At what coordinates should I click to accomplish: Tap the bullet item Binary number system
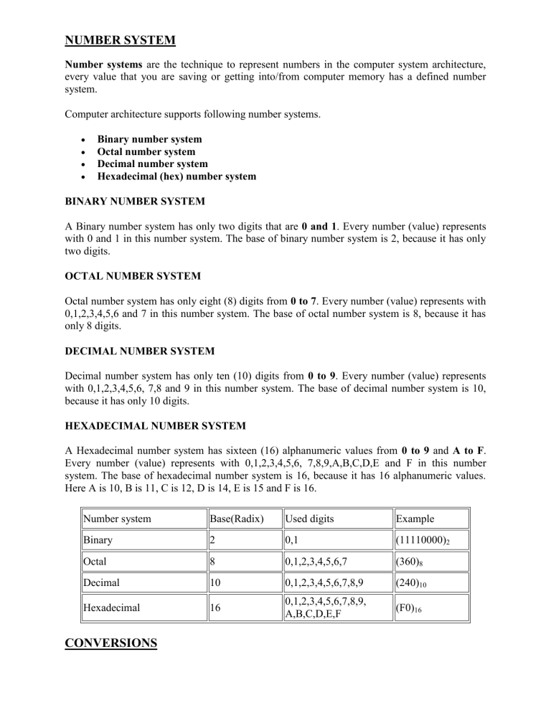(149, 139)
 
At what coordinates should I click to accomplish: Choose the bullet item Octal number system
(146, 151)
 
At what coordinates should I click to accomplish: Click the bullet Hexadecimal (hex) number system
(176, 176)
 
